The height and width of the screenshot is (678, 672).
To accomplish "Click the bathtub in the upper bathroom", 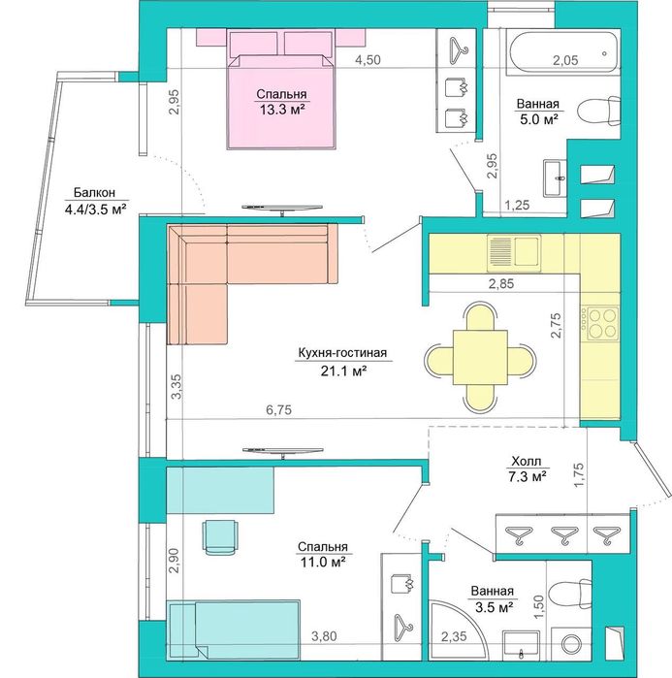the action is pyautogui.click(x=564, y=51).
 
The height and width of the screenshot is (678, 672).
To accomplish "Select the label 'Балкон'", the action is pyautogui.click(x=94, y=192).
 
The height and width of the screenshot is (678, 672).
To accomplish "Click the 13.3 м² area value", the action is pyautogui.click(x=282, y=110).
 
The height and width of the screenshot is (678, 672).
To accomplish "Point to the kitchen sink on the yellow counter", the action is pyautogui.click(x=514, y=250).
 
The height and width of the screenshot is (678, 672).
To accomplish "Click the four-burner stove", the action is pyautogui.click(x=600, y=323).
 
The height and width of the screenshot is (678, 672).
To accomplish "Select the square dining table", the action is pyautogui.click(x=480, y=358).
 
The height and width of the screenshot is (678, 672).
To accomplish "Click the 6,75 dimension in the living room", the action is pyautogui.click(x=278, y=409).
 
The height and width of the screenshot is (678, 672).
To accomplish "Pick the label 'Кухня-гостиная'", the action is pyautogui.click(x=342, y=353).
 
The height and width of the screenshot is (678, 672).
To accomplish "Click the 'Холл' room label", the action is pyautogui.click(x=526, y=461).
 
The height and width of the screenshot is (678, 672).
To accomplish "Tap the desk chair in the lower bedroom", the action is pyautogui.click(x=220, y=537).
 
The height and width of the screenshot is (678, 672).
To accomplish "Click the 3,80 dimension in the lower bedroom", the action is pyautogui.click(x=324, y=636).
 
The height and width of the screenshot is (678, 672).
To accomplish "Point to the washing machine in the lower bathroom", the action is pyautogui.click(x=572, y=643).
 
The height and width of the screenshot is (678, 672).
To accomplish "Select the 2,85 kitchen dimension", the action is pyautogui.click(x=501, y=284).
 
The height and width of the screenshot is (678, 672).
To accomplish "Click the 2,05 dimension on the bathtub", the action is pyautogui.click(x=565, y=60).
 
